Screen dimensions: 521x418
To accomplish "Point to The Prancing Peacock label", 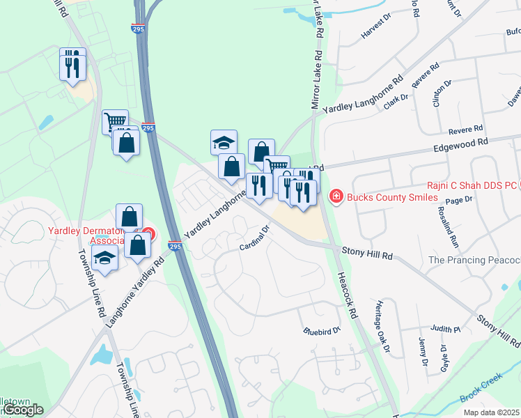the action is (474, 260).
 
